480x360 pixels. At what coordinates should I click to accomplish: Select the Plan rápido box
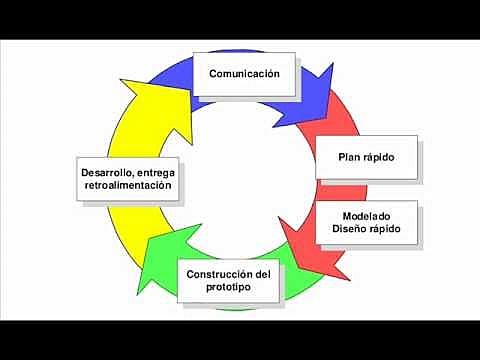click(366, 156)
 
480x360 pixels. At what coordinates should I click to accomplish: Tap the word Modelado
click(365, 216)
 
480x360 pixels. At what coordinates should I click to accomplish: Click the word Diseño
click(350, 230)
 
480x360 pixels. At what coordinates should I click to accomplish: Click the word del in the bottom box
click(262, 274)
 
